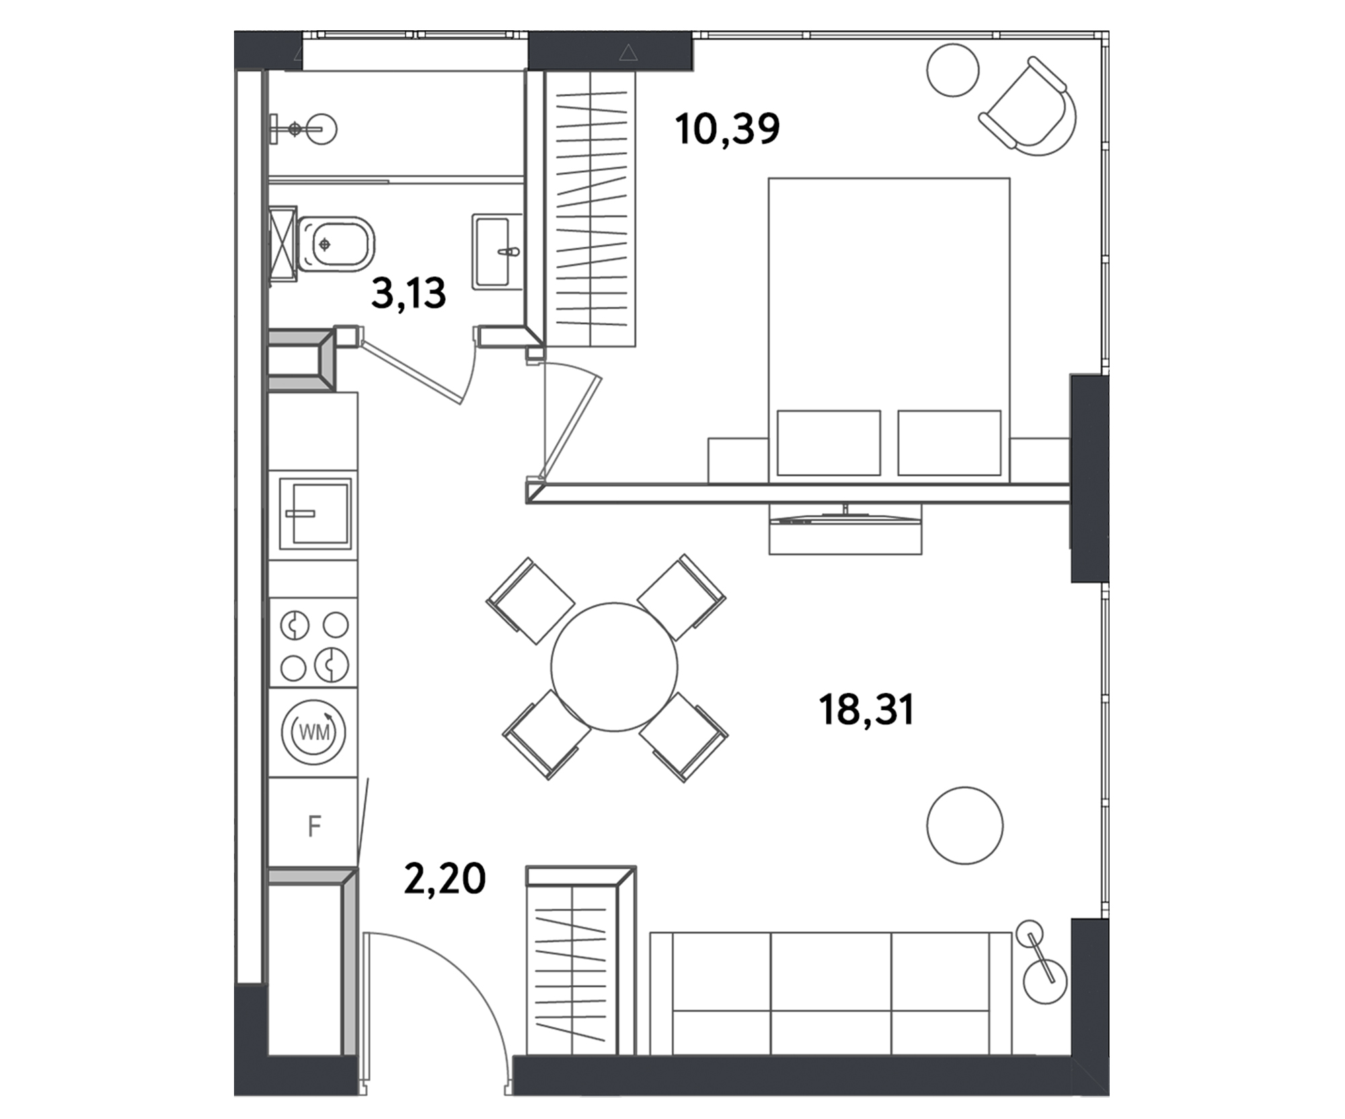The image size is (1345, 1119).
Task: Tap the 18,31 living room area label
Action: click(867, 709)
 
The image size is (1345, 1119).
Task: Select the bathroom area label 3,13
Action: click(408, 293)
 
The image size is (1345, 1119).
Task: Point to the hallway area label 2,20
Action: click(445, 878)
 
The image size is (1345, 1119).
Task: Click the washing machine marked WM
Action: click(313, 732)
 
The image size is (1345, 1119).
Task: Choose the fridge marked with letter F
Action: click(313, 822)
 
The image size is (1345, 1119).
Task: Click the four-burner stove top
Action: click(313, 643)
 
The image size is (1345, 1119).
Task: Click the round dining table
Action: click(614, 666)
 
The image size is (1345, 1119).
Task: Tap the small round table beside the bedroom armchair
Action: click(952, 70)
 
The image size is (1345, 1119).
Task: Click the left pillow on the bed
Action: click(829, 442)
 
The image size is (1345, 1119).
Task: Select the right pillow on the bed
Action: click(949, 442)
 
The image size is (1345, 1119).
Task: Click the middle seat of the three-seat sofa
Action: click(831, 993)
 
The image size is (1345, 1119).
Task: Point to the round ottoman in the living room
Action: click(964, 825)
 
